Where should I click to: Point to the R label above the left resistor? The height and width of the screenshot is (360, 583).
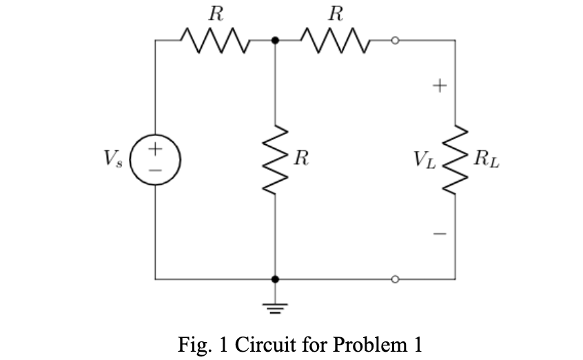tap(216, 14)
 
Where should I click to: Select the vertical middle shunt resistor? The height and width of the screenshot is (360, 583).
tap(276, 160)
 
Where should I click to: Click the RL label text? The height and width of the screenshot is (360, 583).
tap(487, 161)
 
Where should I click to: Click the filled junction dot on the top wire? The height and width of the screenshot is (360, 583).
tap(276, 41)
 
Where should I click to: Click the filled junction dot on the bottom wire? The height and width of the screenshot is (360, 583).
tap(276, 279)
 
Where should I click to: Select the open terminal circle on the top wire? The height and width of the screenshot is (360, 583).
tap(395, 41)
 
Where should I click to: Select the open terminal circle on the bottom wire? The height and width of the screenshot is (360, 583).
tap(395, 279)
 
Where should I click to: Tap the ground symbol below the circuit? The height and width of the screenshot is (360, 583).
tap(276, 306)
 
